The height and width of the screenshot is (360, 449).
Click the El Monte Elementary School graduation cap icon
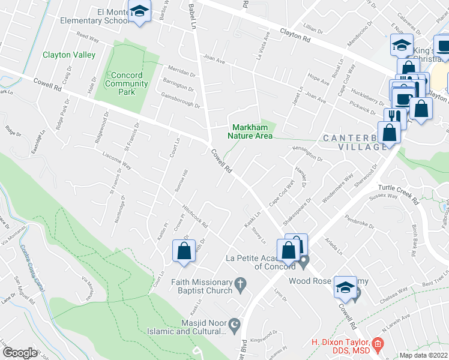(140, 13)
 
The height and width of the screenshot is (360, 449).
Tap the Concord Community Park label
(126, 83)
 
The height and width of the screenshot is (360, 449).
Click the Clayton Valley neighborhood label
(69, 55)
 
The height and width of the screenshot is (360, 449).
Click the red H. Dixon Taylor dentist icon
(377, 343)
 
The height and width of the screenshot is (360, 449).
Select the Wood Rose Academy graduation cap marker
(345, 287)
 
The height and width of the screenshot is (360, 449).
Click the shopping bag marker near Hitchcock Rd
(184, 251)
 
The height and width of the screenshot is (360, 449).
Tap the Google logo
(20, 352)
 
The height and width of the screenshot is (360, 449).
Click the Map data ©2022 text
(423, 355)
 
